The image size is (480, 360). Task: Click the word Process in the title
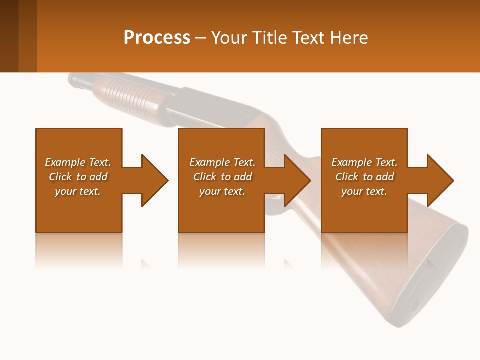coord(157,38)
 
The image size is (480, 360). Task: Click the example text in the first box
coord(78,177)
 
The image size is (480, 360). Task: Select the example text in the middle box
coord(222,177)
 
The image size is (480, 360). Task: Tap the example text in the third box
coord(364,177)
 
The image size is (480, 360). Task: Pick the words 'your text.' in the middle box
coord(222,191)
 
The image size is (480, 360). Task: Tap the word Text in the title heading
coord(305,38)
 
